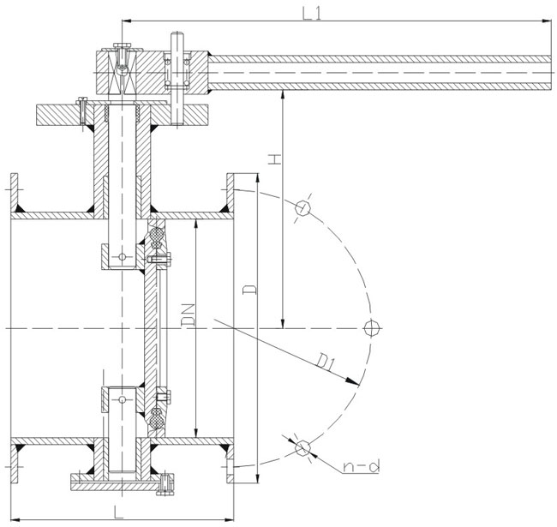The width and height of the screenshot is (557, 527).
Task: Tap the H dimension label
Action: pyautogui.click(x=273, y=159)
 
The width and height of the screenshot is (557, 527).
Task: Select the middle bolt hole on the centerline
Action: pyautogui.click(x=370, y=327)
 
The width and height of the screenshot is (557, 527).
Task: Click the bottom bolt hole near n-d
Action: pyautogui.click(x=302, y=447)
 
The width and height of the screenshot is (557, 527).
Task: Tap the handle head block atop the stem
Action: pyautogui.click(x=151, y=73)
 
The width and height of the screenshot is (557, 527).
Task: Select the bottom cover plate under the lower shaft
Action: pyautogui.click(x=120, y=486)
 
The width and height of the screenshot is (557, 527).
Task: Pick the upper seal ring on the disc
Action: pyautogui.click(x=156, y=237)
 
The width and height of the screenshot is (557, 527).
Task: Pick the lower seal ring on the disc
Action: pyautogui.click(x=156, y=418)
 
